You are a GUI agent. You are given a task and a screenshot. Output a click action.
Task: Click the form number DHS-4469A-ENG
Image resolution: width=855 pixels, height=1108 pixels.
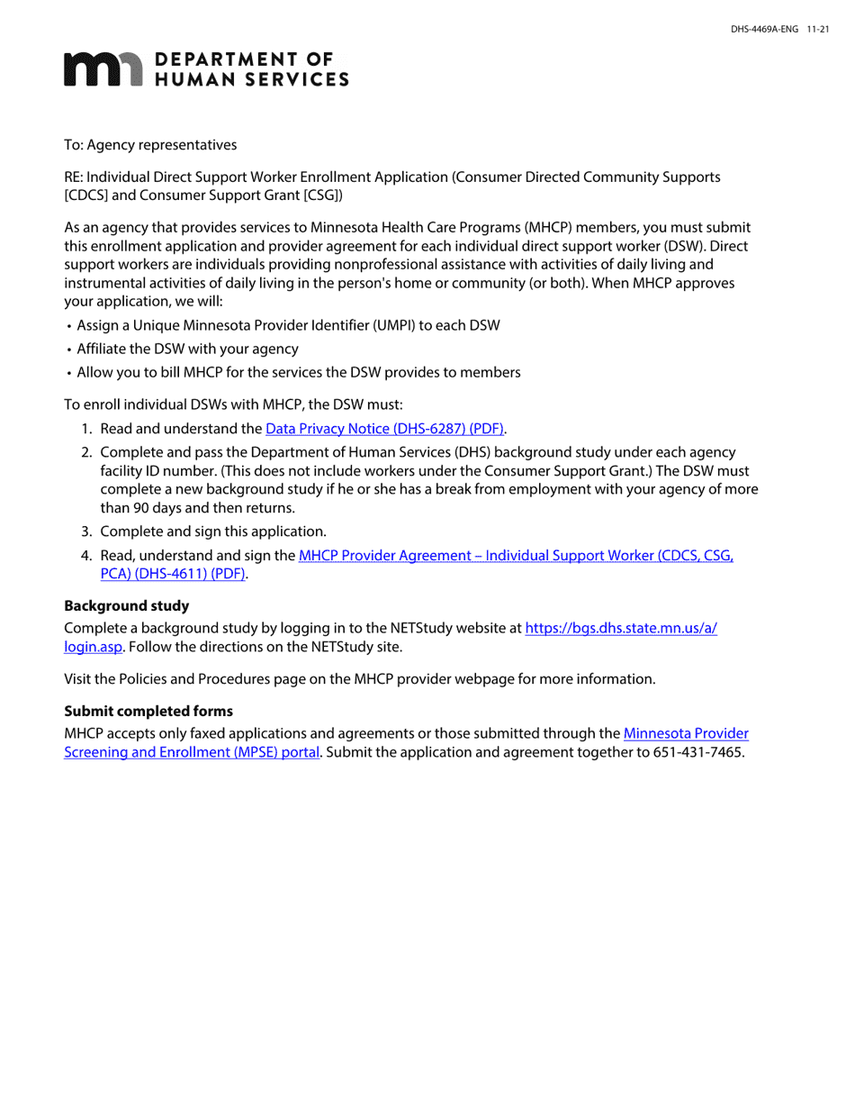pos(764,30)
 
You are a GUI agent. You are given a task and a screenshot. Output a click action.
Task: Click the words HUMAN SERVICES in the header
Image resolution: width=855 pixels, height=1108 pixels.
pos(252,80)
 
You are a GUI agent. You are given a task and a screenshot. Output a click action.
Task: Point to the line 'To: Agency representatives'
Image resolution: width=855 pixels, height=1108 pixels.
pos(150,145)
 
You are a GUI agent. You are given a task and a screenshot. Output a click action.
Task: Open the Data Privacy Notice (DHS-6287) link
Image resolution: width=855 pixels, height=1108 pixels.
pos(384,429)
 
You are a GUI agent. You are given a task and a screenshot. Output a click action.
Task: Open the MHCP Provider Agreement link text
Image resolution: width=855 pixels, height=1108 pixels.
pos(516,556)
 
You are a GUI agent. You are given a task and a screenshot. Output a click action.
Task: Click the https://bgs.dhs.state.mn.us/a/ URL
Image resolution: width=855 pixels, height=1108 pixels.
pos(621,629)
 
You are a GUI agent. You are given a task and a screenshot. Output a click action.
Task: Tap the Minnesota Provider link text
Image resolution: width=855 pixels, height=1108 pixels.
pos(686,734)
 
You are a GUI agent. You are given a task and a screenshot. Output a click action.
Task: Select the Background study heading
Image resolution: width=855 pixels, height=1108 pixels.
pos(127,605)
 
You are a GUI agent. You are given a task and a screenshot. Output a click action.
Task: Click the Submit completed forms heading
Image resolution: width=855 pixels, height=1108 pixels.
pos(148,712)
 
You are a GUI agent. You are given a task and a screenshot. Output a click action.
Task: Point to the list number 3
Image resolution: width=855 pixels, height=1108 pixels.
pos(87,531)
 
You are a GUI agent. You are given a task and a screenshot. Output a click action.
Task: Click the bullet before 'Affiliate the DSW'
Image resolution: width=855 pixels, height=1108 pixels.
pos(68,350)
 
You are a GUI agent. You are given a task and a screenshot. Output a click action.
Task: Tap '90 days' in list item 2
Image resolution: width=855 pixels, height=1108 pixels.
pos(146,508)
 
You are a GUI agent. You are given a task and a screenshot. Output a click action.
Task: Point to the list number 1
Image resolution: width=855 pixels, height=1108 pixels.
pos(87,429)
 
